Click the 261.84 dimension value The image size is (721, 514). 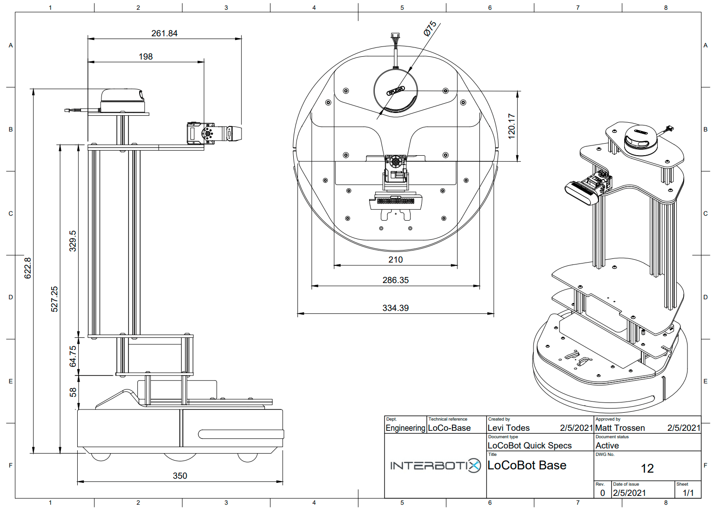164,33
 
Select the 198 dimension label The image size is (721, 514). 146,57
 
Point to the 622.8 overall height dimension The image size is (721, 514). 28,268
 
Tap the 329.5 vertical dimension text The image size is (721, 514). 73,241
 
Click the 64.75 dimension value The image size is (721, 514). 73,356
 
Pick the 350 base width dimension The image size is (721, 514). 180,476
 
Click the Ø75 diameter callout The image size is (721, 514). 430,28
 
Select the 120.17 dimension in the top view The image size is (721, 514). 512,126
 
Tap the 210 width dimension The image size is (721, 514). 396,260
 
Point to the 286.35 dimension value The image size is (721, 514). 396,280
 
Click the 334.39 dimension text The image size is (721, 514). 396,308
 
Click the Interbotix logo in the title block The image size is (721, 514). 435,465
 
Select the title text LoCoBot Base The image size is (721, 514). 527,465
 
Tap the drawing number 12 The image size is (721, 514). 647,468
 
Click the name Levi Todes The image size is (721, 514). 509,428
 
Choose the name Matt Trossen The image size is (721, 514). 620,428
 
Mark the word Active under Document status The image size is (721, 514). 607,446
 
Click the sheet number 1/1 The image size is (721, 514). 688,493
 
